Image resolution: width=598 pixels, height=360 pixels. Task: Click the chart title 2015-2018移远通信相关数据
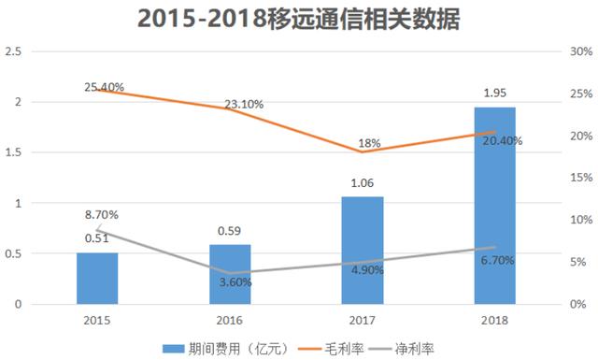(299, 18)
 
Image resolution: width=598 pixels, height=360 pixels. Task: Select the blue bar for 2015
(96, 278)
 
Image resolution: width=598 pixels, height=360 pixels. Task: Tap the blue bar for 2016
(230, 274)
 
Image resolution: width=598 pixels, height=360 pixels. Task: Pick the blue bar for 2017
(363, 251)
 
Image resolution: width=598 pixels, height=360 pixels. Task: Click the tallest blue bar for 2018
(494, 206)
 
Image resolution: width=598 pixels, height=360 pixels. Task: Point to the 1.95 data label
(494, 94)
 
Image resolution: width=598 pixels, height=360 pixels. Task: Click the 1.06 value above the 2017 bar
(363, 183)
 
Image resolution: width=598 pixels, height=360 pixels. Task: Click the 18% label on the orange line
(369, 143)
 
